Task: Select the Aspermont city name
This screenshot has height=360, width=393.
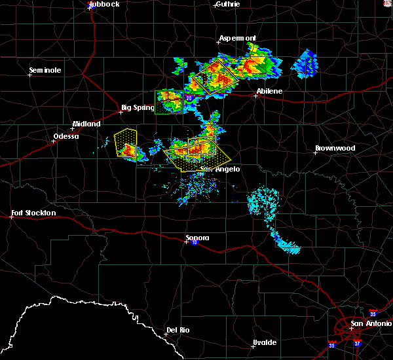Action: [x=237, y=38]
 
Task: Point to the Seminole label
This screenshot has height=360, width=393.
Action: [x=45, y=70]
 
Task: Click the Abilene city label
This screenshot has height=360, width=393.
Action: [x=269, y=91]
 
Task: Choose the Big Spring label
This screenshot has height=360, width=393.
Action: [x=138, y=107]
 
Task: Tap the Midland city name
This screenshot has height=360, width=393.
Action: [x=86, y=124]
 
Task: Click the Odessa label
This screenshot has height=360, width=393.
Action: [x=65, y=137]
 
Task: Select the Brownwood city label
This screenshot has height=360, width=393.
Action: [x=335, y=148]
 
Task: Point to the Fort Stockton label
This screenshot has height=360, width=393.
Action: [x=34, y=213]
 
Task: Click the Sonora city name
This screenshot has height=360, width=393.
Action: [x=196, y=238]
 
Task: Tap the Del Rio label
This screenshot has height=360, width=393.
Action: [x=178, y=330]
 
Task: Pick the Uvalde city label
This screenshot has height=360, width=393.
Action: [x=265, y=342]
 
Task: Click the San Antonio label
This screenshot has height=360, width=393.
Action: [x=370, y=323]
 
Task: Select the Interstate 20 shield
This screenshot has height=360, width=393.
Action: [x=189, y=98]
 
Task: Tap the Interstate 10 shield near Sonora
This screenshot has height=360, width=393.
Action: [x=195, y=243]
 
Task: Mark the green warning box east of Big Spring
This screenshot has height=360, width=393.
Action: [x=168, y=101]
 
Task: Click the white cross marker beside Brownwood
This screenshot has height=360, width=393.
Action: [x=316, y=153]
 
